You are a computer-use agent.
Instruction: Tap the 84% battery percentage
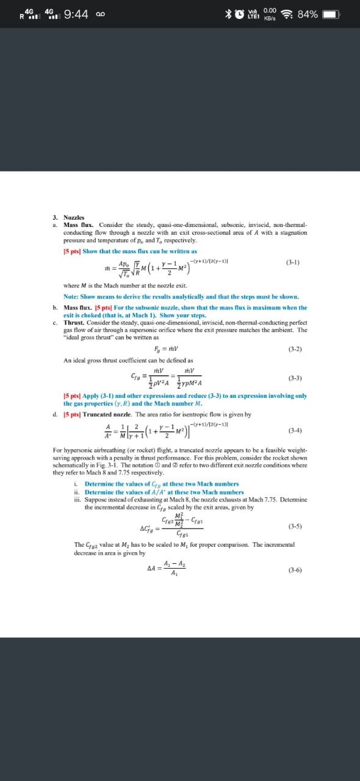[307, 14]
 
